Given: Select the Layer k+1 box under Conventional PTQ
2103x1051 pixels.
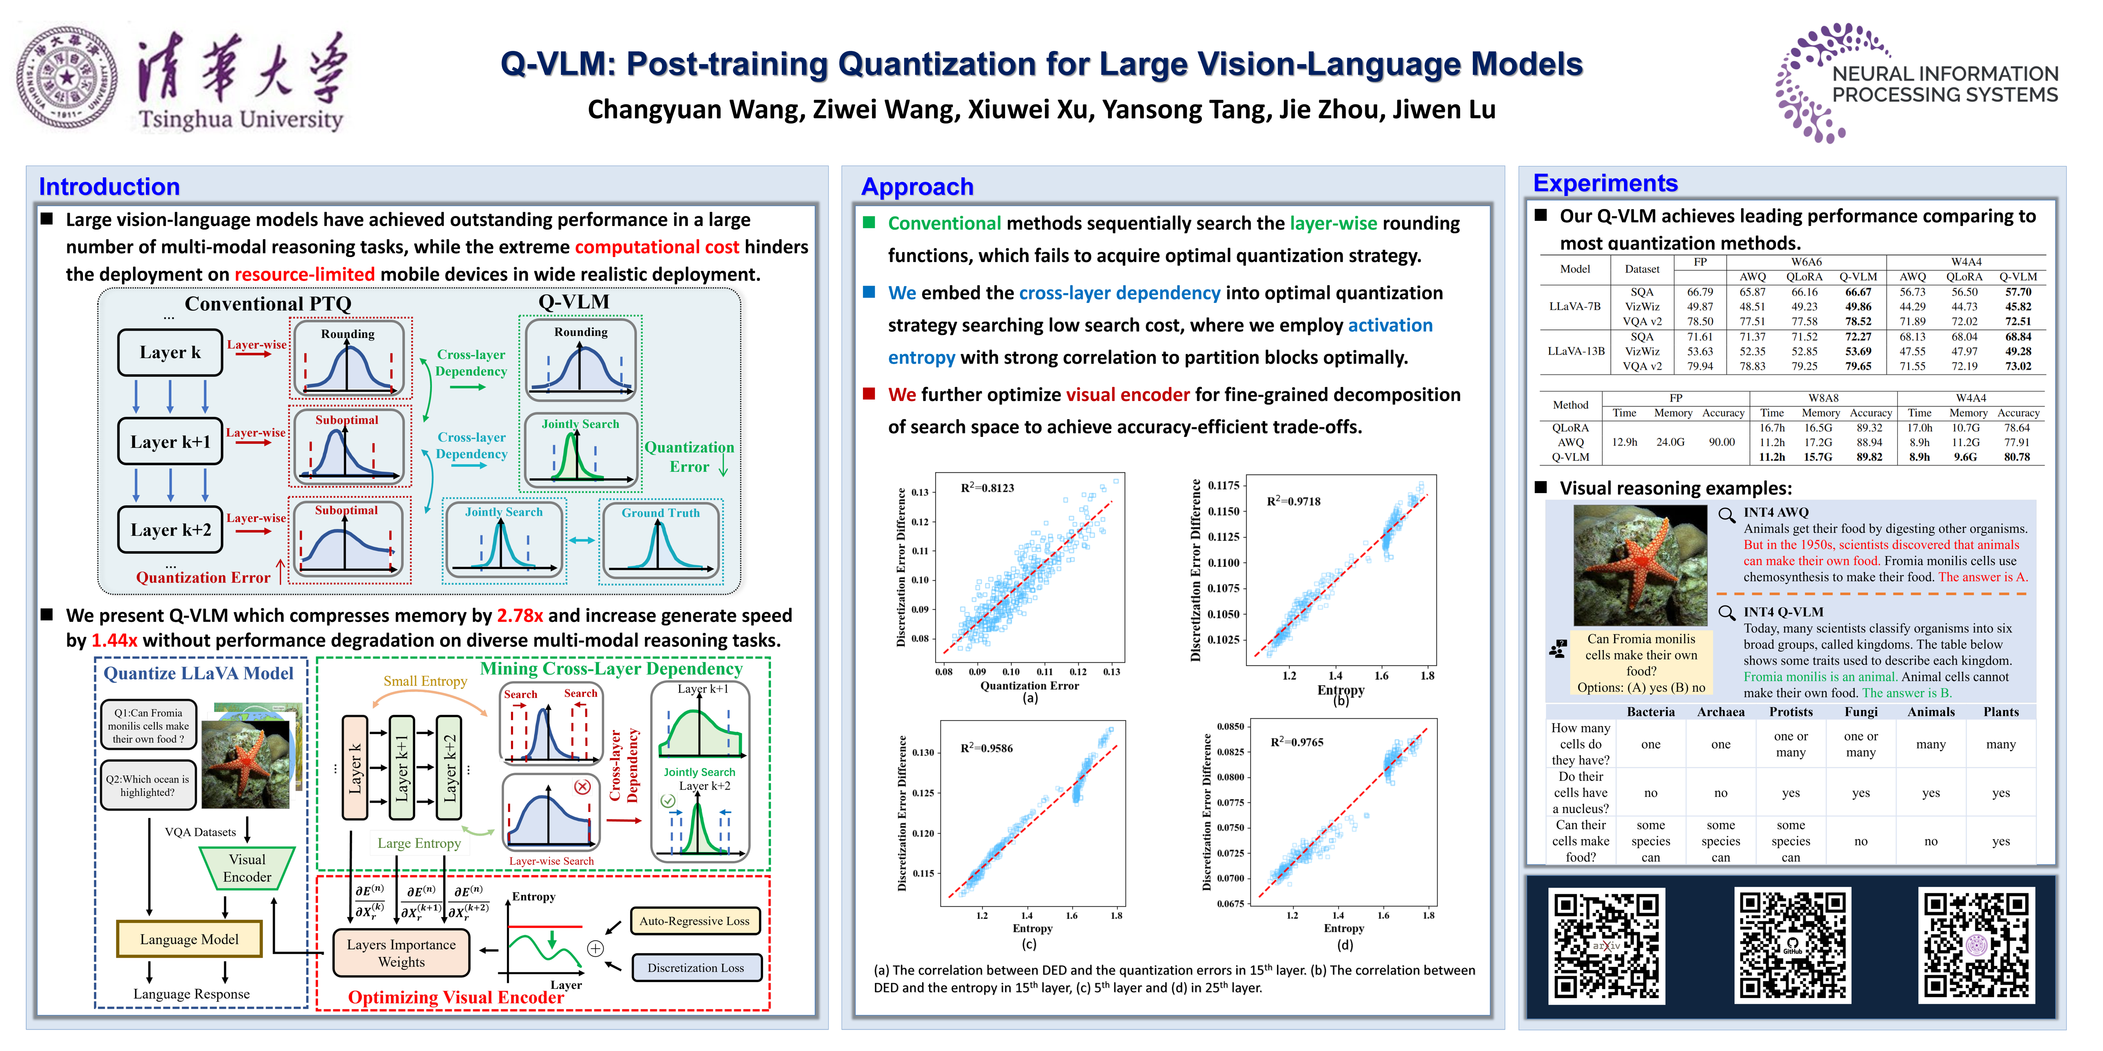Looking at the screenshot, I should (x=170, y=441).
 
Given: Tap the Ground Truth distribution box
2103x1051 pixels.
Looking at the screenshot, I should (x=660, y=540).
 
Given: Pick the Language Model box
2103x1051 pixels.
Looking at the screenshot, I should (x=189, y=939).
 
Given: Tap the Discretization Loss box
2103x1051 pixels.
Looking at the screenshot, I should (x=695, y=968).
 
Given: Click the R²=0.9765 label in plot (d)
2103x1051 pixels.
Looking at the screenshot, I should (x=1296, y=742).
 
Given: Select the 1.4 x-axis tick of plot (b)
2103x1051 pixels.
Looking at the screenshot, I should (x=1335, y=676).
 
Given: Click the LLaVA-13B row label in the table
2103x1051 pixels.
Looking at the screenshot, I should (x=1575, y=351).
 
